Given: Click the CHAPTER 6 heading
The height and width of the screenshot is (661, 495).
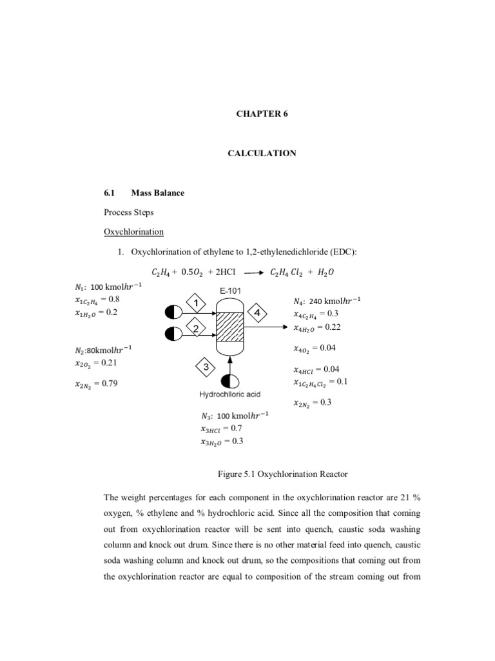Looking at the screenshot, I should pos(265,114).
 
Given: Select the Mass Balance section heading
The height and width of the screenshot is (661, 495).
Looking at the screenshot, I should pos(157,192).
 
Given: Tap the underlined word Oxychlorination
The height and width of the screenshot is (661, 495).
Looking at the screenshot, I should pos(134,231).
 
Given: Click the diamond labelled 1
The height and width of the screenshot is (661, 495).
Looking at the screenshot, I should pos(196,301).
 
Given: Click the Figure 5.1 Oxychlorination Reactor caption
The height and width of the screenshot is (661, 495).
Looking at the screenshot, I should pos(283,474).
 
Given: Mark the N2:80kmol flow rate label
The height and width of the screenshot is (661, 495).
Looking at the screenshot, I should pos(104,349).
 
